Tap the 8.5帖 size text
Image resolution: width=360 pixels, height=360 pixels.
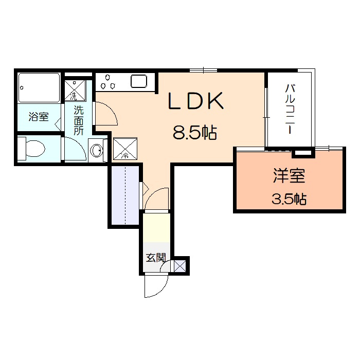pyautogui.click(x=194, y=134)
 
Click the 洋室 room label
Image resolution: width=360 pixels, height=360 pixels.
pyautogui.click(x=289, y=176)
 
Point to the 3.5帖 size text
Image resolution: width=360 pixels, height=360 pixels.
pyautogui.click(x=289, y=199)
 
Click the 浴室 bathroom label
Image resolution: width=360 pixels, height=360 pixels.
pyautogui.click(x=39, y=117)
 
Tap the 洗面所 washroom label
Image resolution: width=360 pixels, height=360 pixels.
pyautogui.click(x=78, y=120)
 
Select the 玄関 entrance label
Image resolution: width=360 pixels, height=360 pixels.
pyautogui.click(x=155, y=257)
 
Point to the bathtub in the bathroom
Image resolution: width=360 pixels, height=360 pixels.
pyautogui.click(x=39, y=88)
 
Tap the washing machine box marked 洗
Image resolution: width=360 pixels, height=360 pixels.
pyautogui.click(x=75, y=89)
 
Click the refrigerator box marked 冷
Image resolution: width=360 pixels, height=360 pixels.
pyautogui.click(x=125, y=148)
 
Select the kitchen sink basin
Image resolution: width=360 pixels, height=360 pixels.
pyautogui.click(x=139, y=81)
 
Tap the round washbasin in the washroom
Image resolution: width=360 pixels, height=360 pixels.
pyautogui.click(x=96, y=150)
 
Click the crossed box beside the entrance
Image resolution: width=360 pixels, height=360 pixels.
pyautogui.click(x=179, y=266)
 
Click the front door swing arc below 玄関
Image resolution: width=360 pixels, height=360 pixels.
pyautogui.click(x=156, y=286)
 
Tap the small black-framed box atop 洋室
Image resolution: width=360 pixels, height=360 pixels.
pyautogui.click(x=302, y=152)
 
